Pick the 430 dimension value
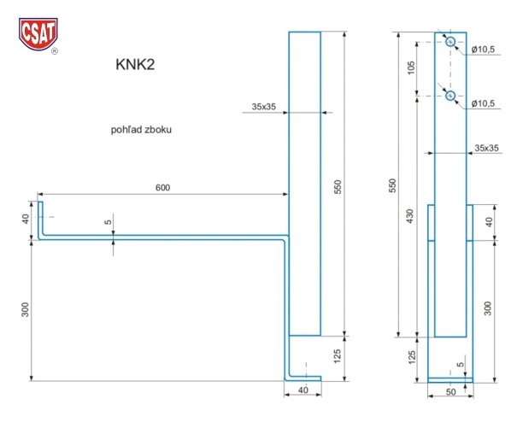(413, 217)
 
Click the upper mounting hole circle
(450, 42)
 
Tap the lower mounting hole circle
(450, 96)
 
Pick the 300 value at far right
(487, 308)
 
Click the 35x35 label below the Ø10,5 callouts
(486, 149)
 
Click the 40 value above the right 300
(487, 222)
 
